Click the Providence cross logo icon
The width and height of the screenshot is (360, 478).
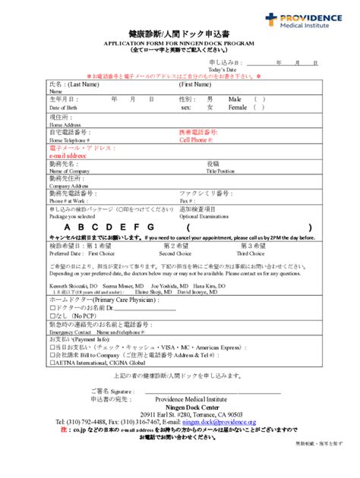coord(272,19)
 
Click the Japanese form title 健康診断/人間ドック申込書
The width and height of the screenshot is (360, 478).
coord(179,35)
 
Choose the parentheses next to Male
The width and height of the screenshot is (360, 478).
coord(259,99)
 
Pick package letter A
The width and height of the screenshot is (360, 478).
coord(68,228)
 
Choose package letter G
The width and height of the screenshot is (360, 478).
coord(150,228)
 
